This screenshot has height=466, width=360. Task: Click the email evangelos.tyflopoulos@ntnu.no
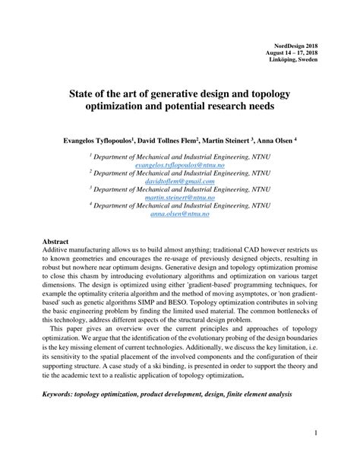click(180, 164)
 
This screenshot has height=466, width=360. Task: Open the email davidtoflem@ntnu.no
click(180, 182)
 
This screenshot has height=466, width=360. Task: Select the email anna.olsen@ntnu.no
click(180, 215)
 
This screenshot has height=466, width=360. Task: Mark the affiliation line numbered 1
click(180, 156)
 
